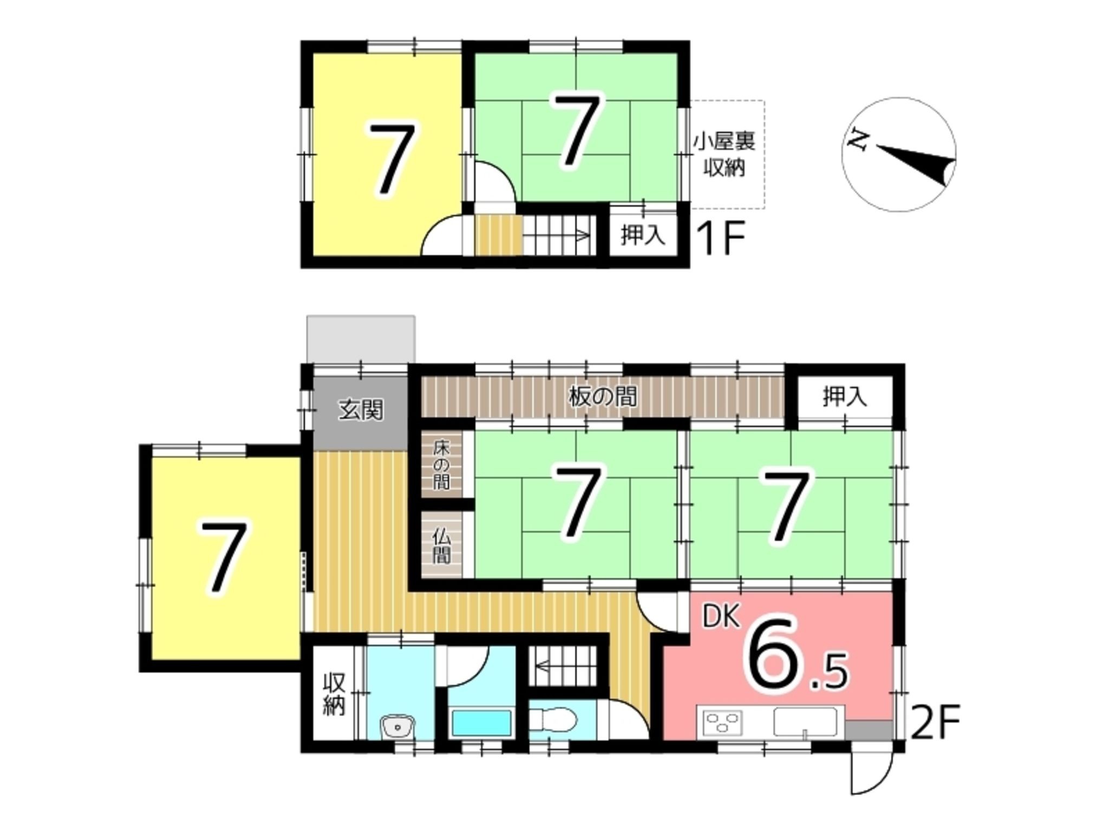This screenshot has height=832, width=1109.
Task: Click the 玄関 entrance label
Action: [x=361, y=410]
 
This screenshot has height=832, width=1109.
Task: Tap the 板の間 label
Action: [x=602, y=396]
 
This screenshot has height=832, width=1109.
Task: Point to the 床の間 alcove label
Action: [x=441, y=465]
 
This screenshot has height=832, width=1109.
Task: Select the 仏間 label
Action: [x=441, y=546]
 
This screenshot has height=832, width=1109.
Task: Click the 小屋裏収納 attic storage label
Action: [x=725, y=154]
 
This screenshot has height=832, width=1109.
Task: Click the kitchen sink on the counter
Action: [x=805, y=721]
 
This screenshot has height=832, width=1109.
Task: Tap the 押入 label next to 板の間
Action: [x=845, y=398]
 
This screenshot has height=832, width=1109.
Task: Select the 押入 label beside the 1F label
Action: [x=643, y=236]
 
